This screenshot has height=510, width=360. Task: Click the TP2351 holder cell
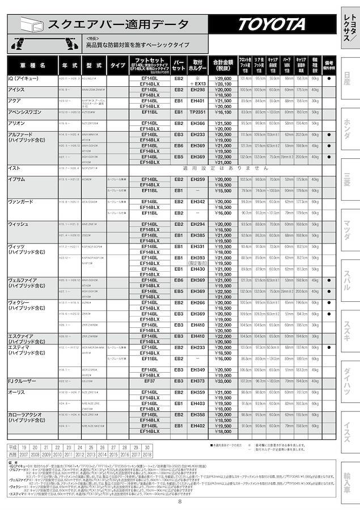(x=198, y=112)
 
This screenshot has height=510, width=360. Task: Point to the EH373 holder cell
(x=198, y=381)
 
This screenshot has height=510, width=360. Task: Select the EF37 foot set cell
(x=149, y=381)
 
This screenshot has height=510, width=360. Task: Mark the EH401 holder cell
(x=198, y=101)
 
